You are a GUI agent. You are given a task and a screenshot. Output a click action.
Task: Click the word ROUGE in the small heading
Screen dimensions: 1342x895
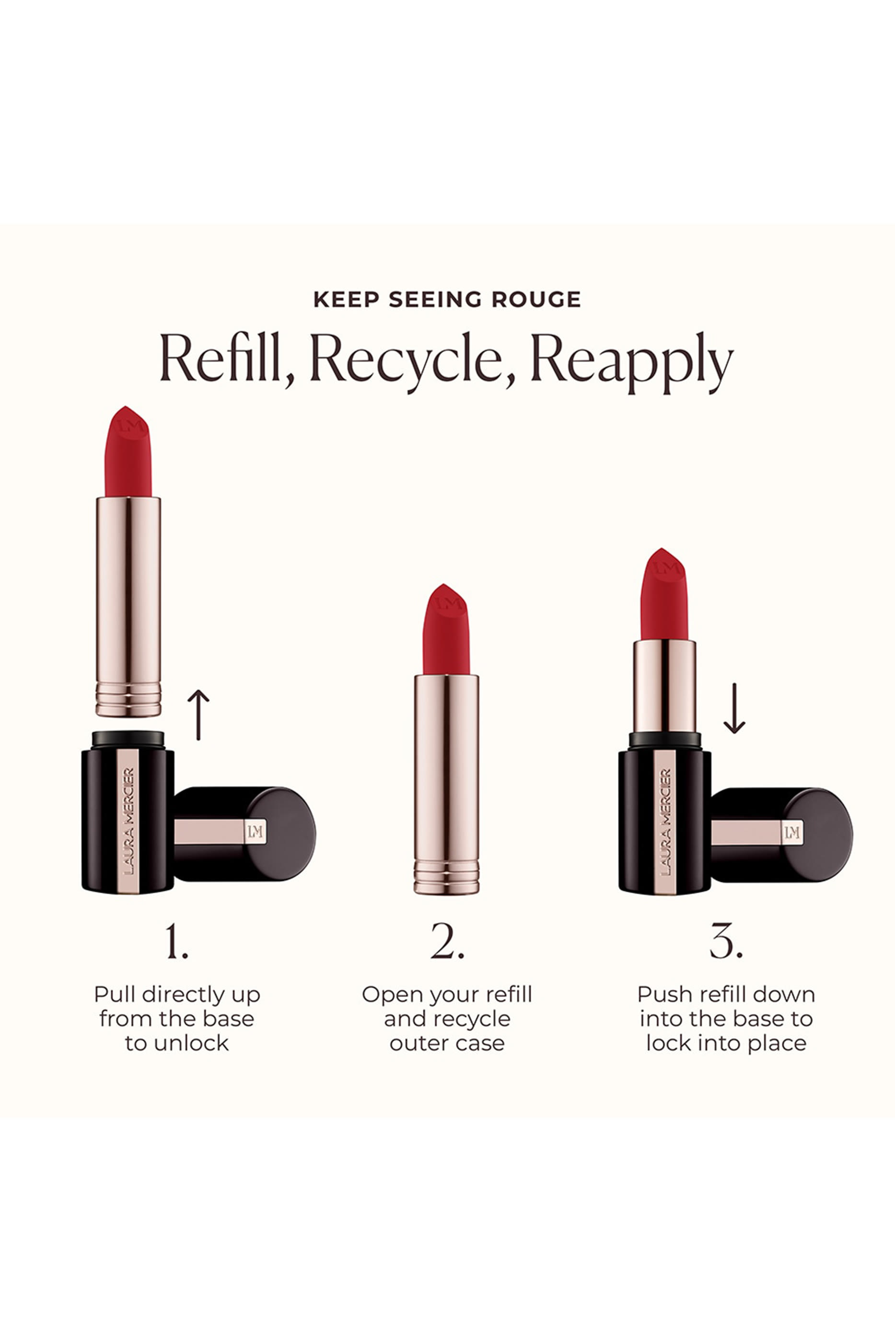pos(536,300)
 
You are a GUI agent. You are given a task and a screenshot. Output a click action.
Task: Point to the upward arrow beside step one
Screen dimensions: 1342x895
pos(198,714)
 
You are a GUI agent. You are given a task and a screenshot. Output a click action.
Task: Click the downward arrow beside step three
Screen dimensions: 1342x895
pos(734,708)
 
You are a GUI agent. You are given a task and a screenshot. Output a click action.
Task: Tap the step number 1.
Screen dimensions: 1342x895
pos(176,941)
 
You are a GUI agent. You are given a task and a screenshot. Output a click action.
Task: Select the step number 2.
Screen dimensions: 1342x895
pos(447,941)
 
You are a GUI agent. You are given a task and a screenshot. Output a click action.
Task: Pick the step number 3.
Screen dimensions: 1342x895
pos(725,941)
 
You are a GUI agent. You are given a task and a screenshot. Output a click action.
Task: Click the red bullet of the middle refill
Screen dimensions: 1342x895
pos(446,633)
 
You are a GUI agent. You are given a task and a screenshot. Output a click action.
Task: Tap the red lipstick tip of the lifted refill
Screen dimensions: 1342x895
pos(128,456)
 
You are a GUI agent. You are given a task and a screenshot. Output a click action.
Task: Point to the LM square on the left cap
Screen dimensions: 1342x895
pos(255,832)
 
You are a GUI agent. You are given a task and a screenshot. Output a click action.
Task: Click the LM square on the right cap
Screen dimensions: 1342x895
pos(792,833)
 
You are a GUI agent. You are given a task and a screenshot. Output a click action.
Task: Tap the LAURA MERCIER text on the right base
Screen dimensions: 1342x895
pos(665,821)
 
